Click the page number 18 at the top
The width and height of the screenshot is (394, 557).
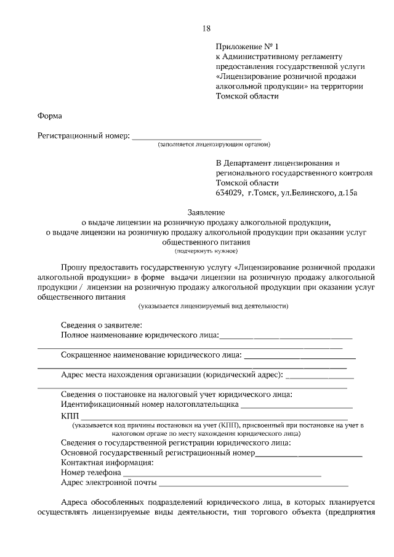206,28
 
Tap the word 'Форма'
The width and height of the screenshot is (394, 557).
49,116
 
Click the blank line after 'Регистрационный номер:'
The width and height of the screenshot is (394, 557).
196,136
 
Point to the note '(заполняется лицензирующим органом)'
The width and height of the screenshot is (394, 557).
214,145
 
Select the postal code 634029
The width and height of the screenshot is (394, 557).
229,193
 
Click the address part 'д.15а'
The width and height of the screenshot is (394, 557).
345,193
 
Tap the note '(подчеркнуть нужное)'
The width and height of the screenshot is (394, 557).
206,250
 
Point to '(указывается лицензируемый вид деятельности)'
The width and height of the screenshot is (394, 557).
214,305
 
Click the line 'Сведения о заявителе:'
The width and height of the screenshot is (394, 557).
102,325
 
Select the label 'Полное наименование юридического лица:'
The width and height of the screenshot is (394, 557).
140,335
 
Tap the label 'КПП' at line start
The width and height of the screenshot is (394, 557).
70,417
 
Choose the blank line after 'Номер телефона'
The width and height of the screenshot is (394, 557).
222,473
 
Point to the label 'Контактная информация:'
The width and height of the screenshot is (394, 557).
107,462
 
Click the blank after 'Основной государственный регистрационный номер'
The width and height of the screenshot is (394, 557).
308,452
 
